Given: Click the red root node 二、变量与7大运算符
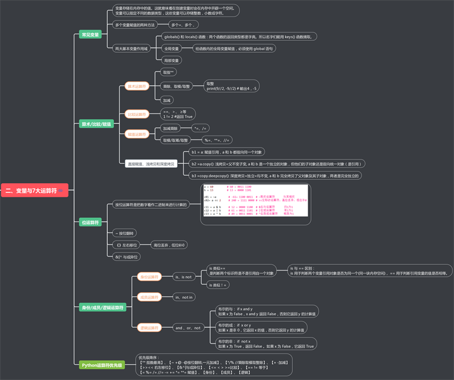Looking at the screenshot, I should (x=35, y=191).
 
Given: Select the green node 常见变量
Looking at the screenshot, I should (x=90, y=35).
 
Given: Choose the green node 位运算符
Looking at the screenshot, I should (x=90, y=223).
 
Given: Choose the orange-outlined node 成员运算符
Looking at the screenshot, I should (x=149, y=297).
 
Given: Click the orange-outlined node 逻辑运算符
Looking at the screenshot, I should (x=149, y=327).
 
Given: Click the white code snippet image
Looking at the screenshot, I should (x=254, y=201).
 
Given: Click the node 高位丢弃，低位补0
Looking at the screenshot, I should (x=169, y=245).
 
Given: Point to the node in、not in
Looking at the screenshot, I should (x=184, y=297).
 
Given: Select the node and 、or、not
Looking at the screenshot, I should (x=187, y=327).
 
